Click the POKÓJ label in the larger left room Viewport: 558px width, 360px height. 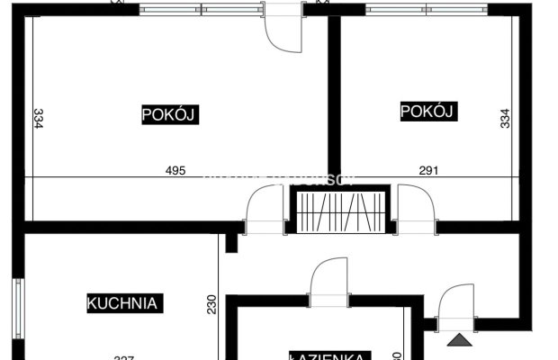169,115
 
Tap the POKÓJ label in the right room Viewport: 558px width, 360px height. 428,112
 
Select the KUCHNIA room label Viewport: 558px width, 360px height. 122,303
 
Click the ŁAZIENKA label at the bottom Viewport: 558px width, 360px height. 330,355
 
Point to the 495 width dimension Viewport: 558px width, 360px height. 175,170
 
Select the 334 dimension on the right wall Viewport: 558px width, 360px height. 505,118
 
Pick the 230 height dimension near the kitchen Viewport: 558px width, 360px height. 212,305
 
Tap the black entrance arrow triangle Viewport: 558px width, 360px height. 459,340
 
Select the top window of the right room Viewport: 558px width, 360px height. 427,10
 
